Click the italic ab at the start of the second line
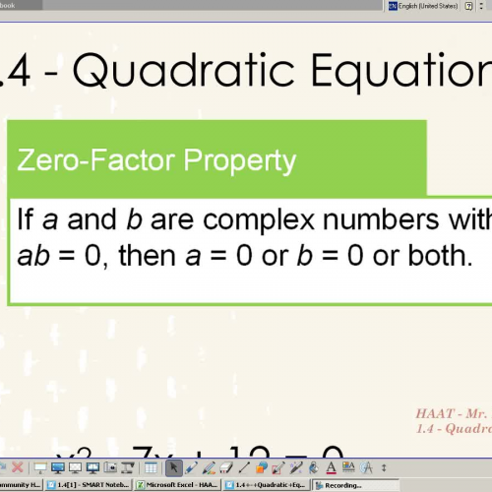click(x=34, y=257)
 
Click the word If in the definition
click(x=27, y=218)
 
